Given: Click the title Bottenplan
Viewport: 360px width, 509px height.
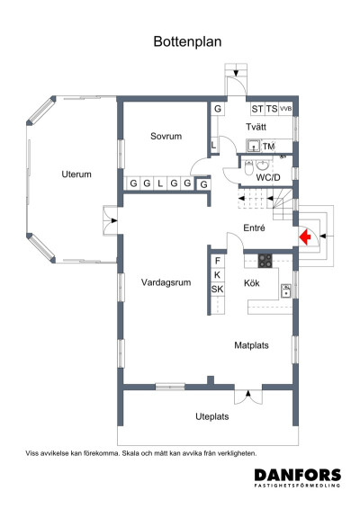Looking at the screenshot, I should [187, 41].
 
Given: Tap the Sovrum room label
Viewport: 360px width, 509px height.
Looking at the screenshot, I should [166, 137].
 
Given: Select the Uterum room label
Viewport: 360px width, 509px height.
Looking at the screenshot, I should [76, 174].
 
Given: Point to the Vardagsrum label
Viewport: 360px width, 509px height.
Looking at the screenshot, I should [166, 282].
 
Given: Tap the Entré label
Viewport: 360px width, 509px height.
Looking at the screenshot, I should [255, 228].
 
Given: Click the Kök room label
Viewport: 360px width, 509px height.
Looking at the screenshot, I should [253, 283].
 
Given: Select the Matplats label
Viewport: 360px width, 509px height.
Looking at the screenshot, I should [252, 344].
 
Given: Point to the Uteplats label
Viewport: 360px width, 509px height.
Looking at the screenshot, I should [213, 416].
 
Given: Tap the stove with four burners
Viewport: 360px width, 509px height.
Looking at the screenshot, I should [265, 261].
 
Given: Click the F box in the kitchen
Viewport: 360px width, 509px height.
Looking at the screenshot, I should [217, 261].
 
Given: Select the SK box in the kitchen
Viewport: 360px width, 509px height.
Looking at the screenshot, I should [217, 289].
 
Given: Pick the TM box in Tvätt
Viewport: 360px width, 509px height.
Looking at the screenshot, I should [268, 146].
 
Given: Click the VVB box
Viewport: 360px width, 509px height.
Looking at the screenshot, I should [286, 109].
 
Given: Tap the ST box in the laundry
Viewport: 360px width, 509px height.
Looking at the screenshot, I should [257, 109].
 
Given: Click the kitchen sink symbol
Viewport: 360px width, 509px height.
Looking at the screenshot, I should [285, 290].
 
